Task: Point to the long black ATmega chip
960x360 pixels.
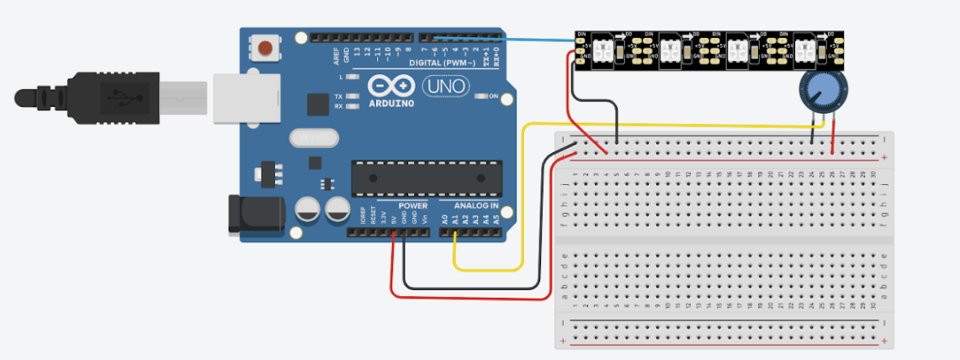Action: click(x=421, y=176)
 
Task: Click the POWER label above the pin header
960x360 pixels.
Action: click(x=412, y=205)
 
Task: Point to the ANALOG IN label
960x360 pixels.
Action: click(x=476, y=205)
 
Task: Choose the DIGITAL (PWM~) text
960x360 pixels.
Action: click(x=442, y=63)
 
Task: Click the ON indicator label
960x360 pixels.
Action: click(x=495, y=96)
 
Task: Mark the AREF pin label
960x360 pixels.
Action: click(x=337, y=56)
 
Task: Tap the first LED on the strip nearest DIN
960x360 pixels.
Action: click(x=604, y=48)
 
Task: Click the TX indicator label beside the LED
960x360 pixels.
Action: click(x=338, y=96)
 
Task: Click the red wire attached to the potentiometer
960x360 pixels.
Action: click(x=833, y=135)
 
